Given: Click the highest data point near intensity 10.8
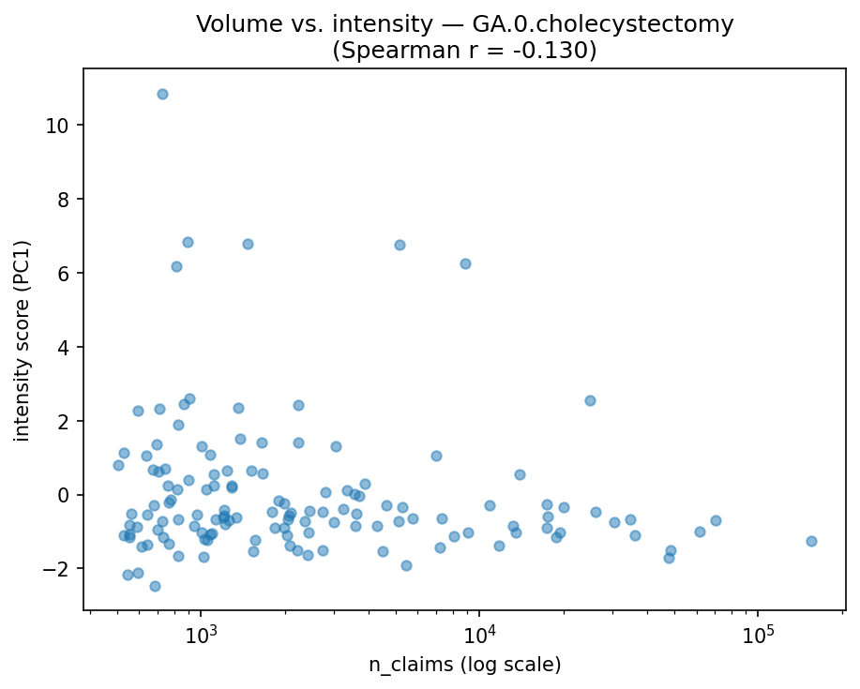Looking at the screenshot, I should click(x=162, y=94).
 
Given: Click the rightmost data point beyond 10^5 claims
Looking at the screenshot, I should click(x=811, y=541).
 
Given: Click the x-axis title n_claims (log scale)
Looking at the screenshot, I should click(x=464, y=666).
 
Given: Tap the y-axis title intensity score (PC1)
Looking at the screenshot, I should click(x=22, y=339).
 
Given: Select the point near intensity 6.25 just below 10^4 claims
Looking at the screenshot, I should click(x=465, y=263).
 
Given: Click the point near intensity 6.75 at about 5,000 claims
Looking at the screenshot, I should click(x=400, y=245).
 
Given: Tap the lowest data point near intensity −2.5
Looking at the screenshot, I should click(x=155, y=586).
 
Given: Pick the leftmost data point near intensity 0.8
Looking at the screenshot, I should click(x=118, y=465).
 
